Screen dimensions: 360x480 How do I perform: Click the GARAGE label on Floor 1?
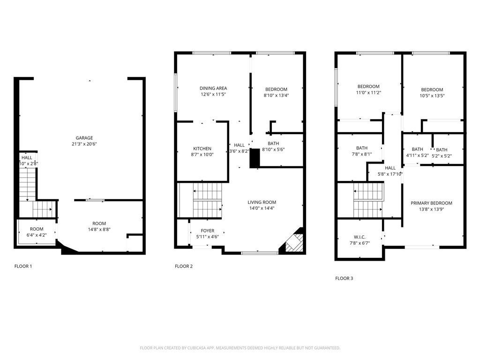click(x=84, y=138)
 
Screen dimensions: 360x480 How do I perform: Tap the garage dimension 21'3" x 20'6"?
click(x=84, y=144)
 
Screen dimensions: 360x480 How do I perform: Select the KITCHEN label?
click(x=202, y=149)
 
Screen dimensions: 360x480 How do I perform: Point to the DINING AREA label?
click(x=213, y=88)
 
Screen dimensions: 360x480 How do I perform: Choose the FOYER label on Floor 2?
click(x=208, y=231)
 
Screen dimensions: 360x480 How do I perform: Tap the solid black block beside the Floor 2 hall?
click(x=255, y=158)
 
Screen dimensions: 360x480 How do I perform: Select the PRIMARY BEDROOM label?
click(x=431, y=203)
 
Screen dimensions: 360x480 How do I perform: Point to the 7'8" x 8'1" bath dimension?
click(x=361, y=154)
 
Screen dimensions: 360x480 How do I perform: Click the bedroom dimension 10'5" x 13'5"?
click(x=432, y=96)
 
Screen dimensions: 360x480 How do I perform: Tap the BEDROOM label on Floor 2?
click(x=276, y=90)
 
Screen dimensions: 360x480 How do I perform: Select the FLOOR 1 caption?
click(x=23, y=266)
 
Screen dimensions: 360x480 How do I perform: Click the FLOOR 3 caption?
click(x=344, y=278)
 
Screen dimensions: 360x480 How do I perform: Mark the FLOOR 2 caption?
click(x=184, y=266)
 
